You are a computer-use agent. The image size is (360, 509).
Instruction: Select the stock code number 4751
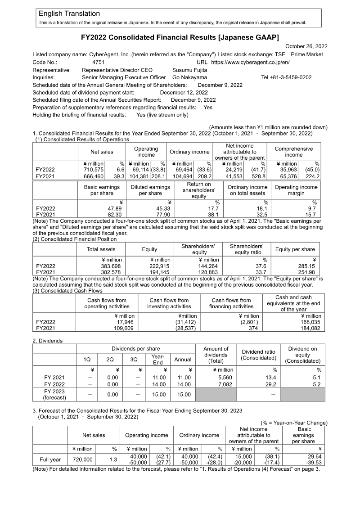98,62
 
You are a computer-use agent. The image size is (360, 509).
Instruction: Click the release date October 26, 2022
306,46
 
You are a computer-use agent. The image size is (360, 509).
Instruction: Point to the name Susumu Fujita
190,70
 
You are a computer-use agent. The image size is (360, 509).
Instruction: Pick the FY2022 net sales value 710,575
92,170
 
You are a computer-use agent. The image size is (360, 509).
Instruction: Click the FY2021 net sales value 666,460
92,176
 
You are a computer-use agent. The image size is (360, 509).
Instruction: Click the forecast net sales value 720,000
81,459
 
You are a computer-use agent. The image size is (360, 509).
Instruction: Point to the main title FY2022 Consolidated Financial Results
180,36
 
